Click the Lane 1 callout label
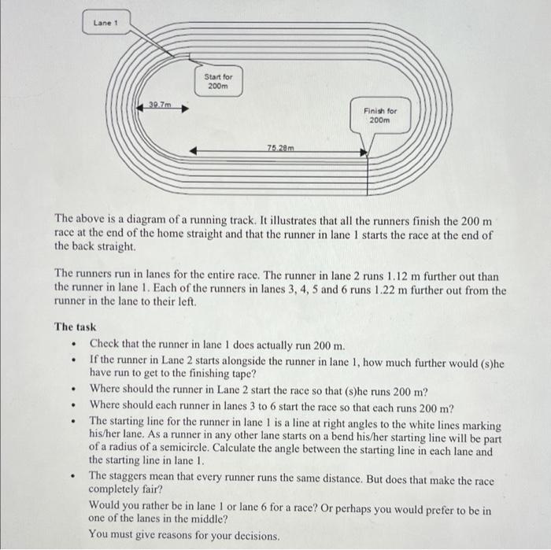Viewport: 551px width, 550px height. coord(105,22)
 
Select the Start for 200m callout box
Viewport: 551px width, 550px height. coord(218,81)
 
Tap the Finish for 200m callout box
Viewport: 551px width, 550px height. coord(382,116)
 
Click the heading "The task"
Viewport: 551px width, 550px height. coord(75,327)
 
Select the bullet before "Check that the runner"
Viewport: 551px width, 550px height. coord(72,345)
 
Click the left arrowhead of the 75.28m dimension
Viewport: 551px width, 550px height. coord(194,152)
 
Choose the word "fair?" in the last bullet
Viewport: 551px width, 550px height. coord(165,490)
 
